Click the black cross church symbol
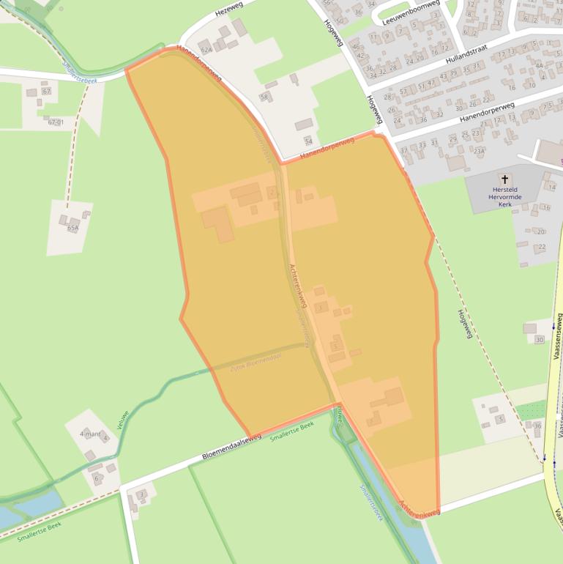click(x=504, y=179)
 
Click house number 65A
click(x=72, y=228)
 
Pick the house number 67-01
click(x=56, y=122)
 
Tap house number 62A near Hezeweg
click(x=206, y=50)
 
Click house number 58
click(x=264, y=97)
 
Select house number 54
click(x=308, y=141)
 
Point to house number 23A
click(x=479, y=151)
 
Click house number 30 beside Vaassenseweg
click(x=540, y=340)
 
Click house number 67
click(x=47, y=92)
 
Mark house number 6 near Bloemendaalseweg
click(x=95, y=478)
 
